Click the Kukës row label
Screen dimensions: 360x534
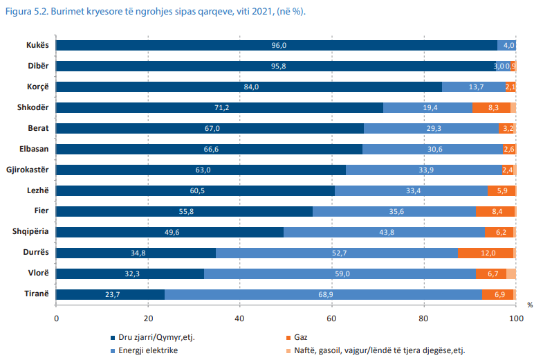click(37, 45)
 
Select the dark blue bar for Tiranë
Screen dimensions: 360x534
click(110, 294)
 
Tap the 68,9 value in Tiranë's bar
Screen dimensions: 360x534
click(322, 294)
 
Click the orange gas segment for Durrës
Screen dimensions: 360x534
click(486, 253)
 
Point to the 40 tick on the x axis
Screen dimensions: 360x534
click(240, 318)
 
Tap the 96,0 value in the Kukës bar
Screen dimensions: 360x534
click(279, 45)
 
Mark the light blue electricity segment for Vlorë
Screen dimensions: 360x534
click(340, 273)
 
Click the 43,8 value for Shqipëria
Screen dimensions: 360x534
click(382, 232)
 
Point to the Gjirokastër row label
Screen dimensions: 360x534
click(28, 170)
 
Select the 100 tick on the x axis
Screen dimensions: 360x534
click(515, 318)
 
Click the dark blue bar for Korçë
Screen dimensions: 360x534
click(249, 87)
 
